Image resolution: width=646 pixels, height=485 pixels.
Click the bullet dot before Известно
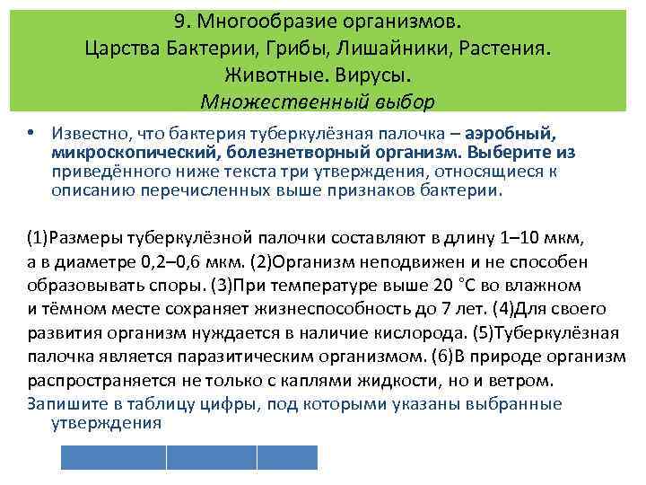click(x=31, y=131)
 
